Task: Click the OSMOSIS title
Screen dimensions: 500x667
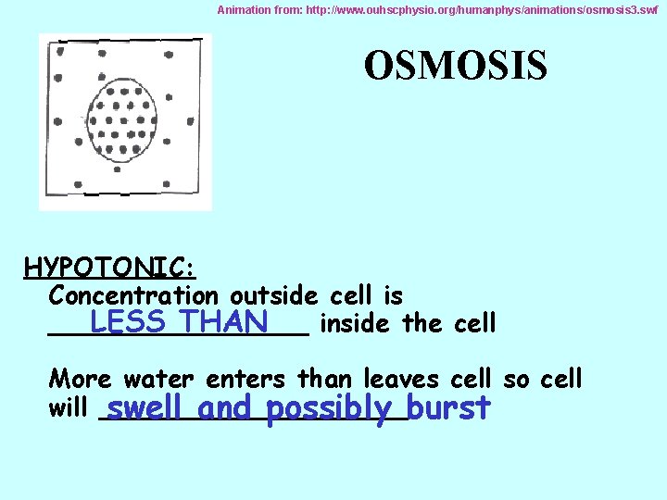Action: [455, 66]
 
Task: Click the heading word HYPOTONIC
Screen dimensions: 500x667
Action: [108, 268]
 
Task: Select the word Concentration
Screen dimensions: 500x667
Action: [133, 296]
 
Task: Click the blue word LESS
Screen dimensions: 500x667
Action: [128, 322]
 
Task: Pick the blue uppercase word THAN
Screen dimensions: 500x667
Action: [224, 322]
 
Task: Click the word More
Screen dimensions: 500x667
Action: [80, 379]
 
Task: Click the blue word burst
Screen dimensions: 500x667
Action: [448, 408]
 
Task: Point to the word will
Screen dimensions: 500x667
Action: [68, 408]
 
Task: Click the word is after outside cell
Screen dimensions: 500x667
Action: [392, 296]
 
